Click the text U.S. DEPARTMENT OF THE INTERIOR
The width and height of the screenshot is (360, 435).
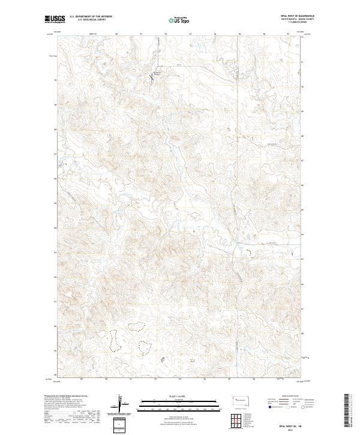pos(91,17)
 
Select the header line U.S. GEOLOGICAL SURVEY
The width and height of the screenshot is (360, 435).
pos(88,20)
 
